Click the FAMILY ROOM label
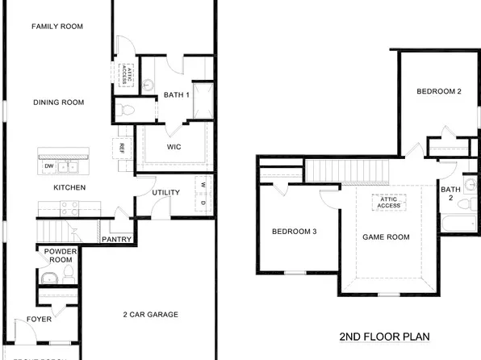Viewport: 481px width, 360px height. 57,27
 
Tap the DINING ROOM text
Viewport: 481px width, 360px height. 57,103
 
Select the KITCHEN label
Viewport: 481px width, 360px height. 69,188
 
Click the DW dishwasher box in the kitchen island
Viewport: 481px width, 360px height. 48,166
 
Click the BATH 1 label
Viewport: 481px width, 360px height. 176,95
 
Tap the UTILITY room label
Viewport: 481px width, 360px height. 165,192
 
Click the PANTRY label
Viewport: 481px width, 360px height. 117,240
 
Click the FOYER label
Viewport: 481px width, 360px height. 39,320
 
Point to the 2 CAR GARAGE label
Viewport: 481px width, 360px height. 150,314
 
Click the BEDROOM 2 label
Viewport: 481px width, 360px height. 438,92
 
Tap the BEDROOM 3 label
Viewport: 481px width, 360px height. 294,232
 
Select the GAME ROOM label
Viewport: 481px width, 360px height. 386,237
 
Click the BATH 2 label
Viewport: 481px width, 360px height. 450,193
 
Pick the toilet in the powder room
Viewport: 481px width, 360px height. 68,277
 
